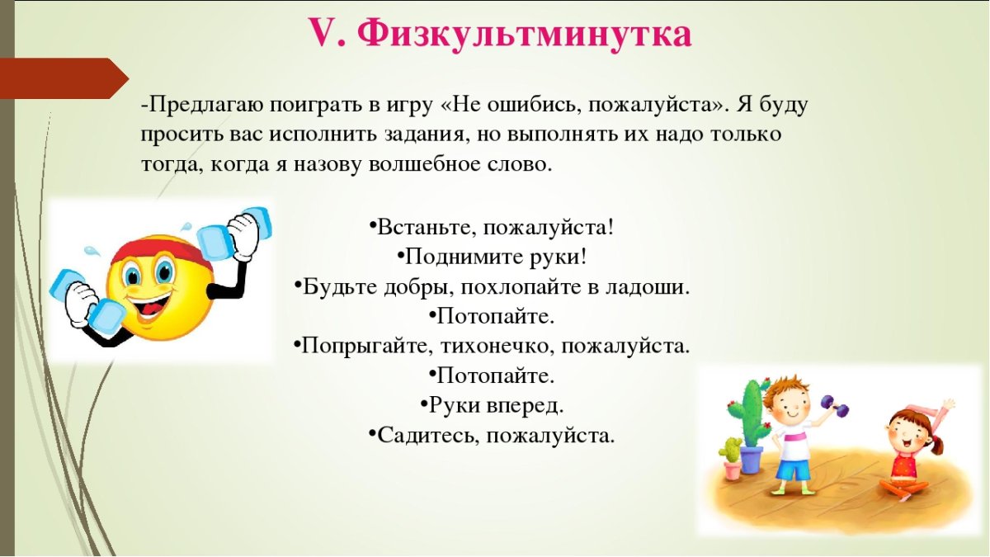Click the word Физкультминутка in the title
pos(526,35)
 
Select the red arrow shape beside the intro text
pos(62,78)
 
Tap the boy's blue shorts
pos(793,470)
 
